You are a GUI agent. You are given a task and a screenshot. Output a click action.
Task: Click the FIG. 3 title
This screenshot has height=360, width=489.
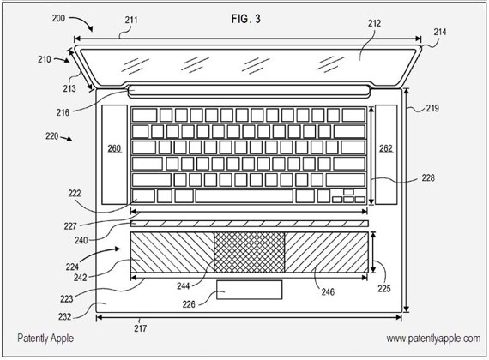tap(245, 19)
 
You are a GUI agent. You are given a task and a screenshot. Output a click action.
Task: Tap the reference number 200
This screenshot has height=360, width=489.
tap(58, 18)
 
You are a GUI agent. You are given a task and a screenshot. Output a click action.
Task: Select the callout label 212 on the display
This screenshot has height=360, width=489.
tap(374, 23)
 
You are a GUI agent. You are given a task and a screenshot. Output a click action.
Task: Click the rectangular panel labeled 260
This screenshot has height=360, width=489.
tap(114, 154)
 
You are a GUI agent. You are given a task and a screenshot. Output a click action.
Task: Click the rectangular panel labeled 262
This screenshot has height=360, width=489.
tap(386, 154)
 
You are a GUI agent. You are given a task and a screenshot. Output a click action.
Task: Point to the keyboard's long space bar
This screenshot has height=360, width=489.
tap(244, 196)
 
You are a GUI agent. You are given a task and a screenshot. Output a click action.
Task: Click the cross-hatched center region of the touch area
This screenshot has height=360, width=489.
tap(249, 252)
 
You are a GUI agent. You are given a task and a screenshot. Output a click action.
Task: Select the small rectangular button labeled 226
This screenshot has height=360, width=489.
tap(250, 290)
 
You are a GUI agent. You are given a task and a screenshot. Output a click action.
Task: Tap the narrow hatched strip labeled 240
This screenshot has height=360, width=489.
tap(249, 224)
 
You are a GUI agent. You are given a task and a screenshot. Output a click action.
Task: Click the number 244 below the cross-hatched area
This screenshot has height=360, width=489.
tap(184, 285)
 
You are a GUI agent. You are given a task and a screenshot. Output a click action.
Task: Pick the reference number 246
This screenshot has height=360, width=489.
tap(328, 291)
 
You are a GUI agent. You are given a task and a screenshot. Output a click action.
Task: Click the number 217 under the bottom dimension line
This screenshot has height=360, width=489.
tap(141, 328)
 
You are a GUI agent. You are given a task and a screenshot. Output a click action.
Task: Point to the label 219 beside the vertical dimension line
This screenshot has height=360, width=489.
tap(432, 108)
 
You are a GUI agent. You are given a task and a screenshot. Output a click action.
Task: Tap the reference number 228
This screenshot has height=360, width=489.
tap(428, 177)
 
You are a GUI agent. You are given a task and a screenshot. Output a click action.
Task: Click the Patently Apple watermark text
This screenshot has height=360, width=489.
tap(45, 339)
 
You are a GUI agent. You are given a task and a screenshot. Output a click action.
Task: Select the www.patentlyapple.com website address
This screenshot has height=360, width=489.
tap(433, 339)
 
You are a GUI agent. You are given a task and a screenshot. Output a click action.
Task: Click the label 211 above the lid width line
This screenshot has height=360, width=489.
tap(131, 20)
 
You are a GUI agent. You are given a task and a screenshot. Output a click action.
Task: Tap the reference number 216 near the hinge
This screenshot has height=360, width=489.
tap(63, 112)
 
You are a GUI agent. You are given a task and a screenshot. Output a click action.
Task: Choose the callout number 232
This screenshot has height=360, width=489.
tap(65, 316)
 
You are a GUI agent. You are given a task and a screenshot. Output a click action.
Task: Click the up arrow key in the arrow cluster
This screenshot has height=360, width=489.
tap(348, 192)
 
